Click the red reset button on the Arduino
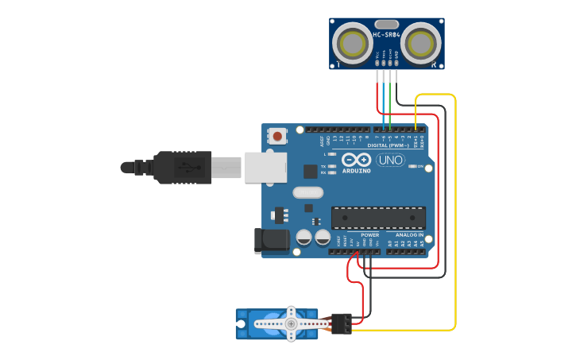coord(277,137)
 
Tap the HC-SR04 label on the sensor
coord(386,35)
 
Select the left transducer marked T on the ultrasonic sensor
coord(350,41)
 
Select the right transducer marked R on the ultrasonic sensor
coord(421,41)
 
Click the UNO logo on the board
coord(390,161)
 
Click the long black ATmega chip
coord(378,218)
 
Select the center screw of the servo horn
coord(291,323)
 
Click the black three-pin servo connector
coord(342,323)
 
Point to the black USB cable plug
coord(184,168)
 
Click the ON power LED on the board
coord(414,166)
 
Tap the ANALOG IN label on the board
coord(409,235)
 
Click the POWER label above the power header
coord(370,235)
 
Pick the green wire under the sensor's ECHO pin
coord(389,95)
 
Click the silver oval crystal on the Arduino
coord(308,192)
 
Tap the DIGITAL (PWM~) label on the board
coord(389,145)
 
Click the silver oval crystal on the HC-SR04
coord(386,25)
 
